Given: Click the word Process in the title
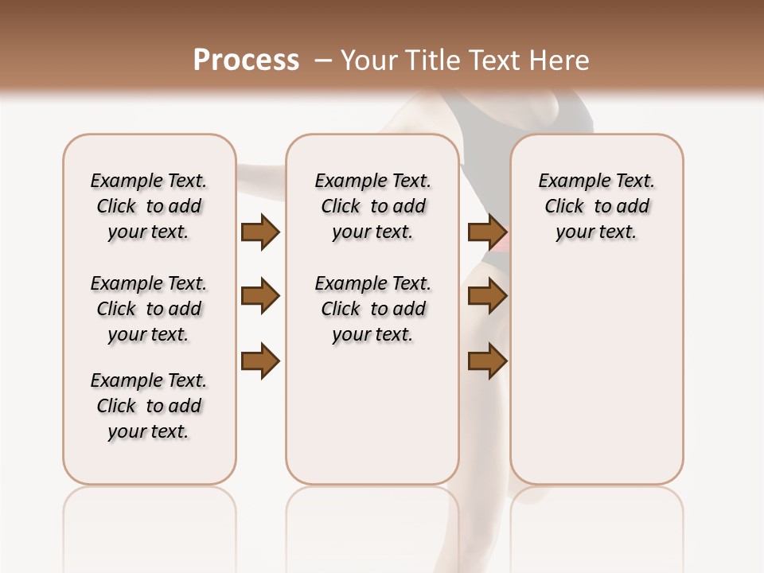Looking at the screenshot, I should point(246,60).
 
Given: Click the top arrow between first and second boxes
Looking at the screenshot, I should point(260,232).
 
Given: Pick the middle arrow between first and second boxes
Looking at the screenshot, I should point(260,297).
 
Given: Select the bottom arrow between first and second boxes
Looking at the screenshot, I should point(260,361).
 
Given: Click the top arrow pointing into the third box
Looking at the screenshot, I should point(488,232).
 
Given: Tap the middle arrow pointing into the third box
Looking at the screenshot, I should point(488,297).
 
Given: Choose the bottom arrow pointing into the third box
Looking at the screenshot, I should point(488,361).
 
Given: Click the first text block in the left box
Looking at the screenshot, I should point(149,206).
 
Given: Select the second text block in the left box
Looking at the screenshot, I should point(149,309).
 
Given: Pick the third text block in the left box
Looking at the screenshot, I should point(149,406).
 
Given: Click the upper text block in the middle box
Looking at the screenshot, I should point(373,206).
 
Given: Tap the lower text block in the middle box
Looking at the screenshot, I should point(373,309).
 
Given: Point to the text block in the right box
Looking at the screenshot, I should point(597,206).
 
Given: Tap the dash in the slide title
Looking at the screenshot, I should point(322,60).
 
